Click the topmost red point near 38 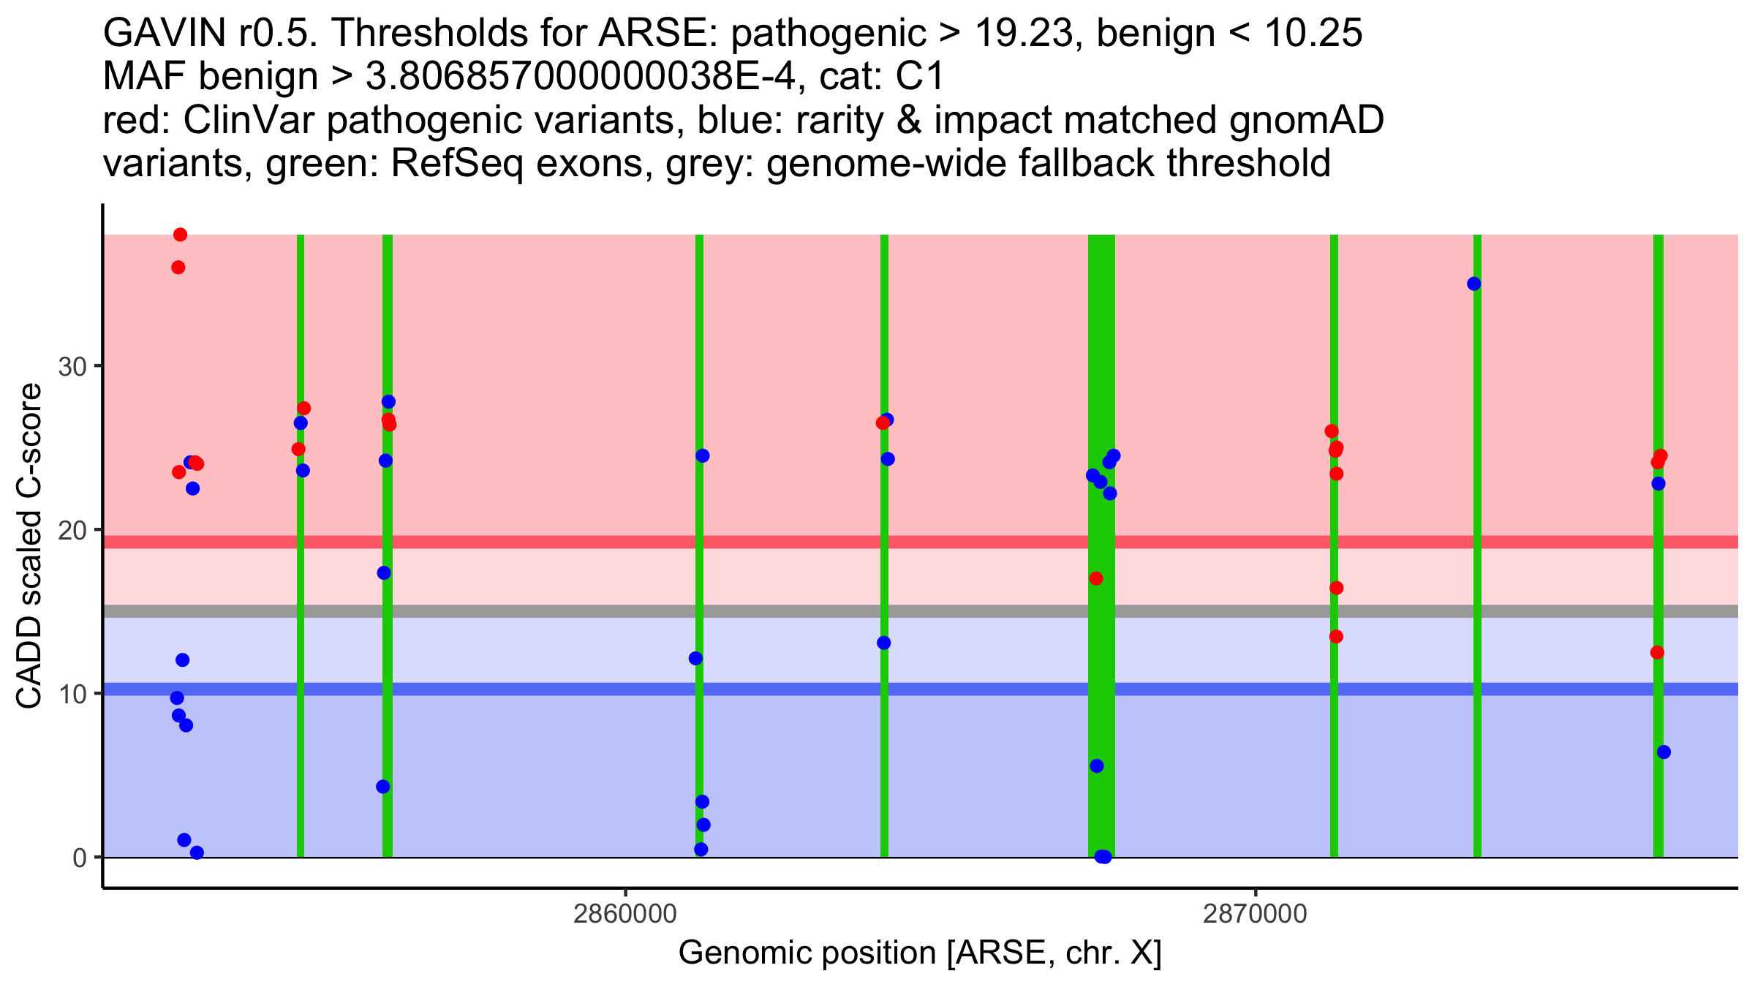[181, 235]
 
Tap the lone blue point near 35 [1474, 284]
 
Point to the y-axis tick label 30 [73, 366]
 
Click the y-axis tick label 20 [73, 530]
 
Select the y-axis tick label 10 [73, 694]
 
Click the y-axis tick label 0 [80, 858]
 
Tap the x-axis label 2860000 [625, 915]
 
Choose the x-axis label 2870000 [1256, 915]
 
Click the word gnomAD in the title [1306, 120]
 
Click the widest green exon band [1101, 366]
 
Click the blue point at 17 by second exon [384, 572]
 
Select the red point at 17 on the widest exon [1096, 578]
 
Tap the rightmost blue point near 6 [1664, 752]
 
